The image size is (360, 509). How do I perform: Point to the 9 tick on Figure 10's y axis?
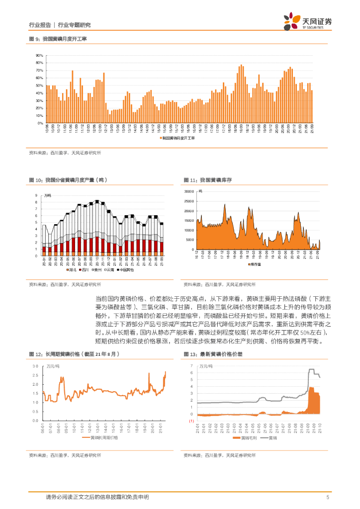36,195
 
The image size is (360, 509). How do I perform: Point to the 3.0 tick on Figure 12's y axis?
35,366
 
